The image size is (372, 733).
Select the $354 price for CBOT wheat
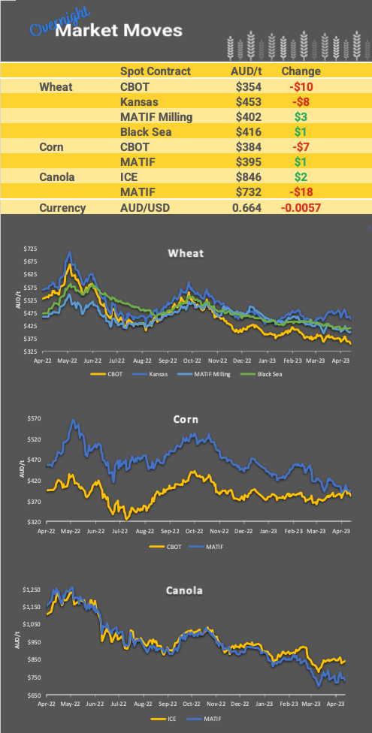coord(247,86)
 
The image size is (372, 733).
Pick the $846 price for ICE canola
coord(247,177)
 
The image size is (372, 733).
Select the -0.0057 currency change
coord(301,207)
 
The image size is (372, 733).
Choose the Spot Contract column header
coord(156,71)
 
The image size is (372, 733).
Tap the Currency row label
coord(63,207)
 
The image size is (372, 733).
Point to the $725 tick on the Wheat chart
coord(30,249)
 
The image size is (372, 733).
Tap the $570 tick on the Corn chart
coord(30,418)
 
